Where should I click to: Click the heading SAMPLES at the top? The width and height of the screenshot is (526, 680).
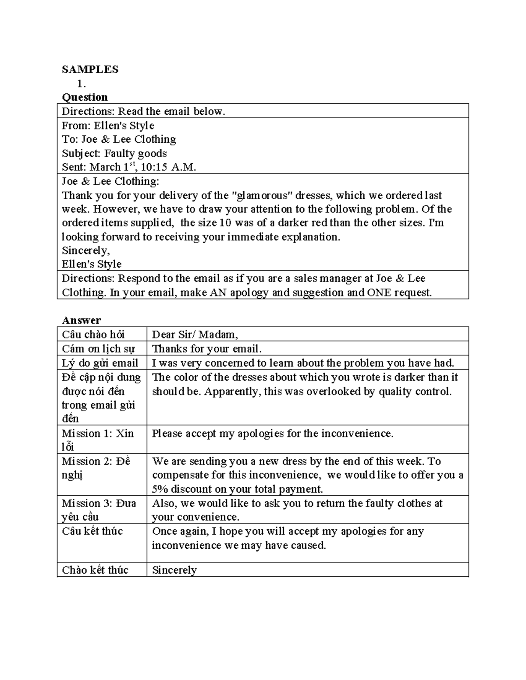pos(90,70)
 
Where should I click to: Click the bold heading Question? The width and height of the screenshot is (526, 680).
pos(85,97)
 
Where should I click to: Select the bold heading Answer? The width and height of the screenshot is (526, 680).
pos(81,320)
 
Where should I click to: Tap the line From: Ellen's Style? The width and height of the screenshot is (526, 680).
pos(108,126)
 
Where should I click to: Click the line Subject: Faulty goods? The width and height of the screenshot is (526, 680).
pos(114,153)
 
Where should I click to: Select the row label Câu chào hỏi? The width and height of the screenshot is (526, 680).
pos(93,335)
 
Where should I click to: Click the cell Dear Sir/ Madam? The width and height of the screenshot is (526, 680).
pos(195,335)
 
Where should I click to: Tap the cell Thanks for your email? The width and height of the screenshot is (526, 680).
pos(206,349)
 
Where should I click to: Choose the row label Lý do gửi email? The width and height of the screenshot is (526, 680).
pos(100,363)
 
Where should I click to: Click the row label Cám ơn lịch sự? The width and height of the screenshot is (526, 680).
pos(98,349)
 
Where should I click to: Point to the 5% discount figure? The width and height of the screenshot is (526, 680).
pos(160,489)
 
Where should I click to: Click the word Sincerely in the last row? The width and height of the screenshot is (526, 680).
pos(174,570)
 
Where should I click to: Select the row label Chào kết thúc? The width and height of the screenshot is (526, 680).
pos(95,570)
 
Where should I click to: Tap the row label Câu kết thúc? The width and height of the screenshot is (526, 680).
pos(92,531)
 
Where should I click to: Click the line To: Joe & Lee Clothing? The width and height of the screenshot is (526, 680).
pos(119,139)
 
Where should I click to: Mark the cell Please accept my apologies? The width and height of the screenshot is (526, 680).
pos(272,433)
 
